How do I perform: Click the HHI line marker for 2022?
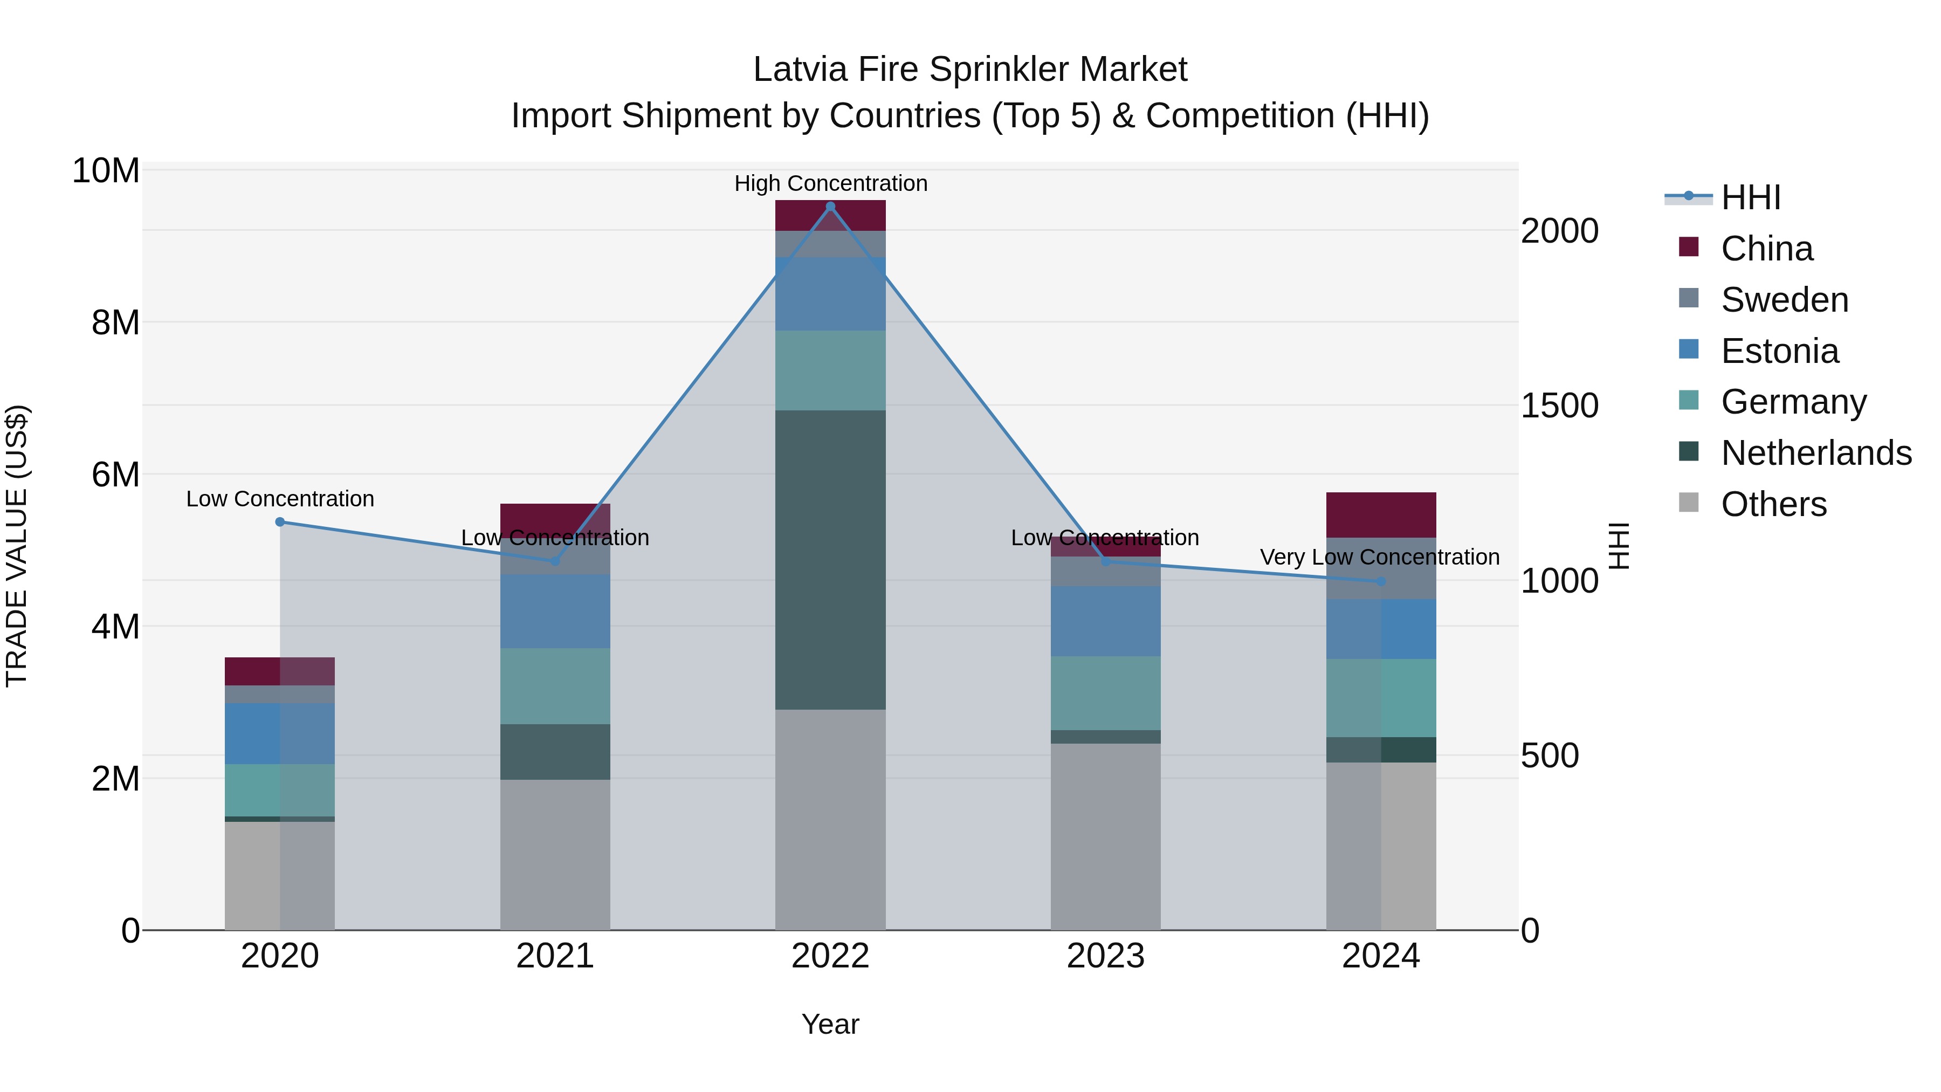click(830, 207)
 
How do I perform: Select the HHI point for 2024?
click(1380, 581)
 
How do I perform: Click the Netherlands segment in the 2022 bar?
click(830, 559)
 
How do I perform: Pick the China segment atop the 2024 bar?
click(1380, 515)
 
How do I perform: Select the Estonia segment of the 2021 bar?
click(555, 610)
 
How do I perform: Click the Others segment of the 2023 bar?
click(1105, 836)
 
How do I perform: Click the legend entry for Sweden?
click(1784, 300)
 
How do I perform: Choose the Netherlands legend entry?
click(1816, 453)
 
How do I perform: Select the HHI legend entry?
click(1750, 197)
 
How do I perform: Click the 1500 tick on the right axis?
click(1559, 406)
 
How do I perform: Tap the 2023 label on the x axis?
click(1105, 956)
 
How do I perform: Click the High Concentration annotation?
click(830, 183)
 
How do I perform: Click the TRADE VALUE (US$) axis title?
click(17, 546)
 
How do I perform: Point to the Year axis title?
click(830, 1024)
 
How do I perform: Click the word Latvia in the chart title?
click(799, 70)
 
